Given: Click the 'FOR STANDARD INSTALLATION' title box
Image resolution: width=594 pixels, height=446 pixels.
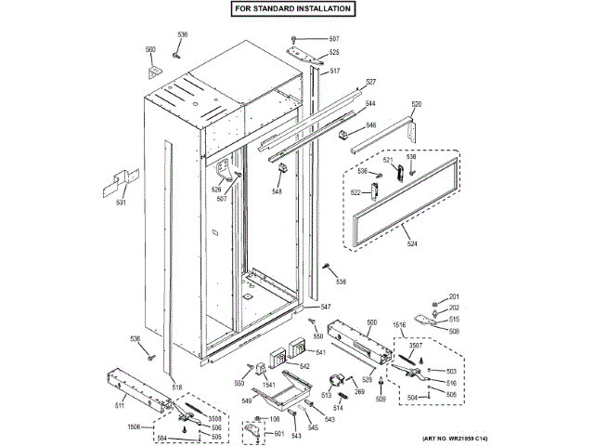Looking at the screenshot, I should tap(292, 8).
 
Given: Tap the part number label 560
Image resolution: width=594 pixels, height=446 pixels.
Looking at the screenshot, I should tap(150, 49).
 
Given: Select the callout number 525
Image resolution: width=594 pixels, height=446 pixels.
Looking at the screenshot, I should tap(333, 53).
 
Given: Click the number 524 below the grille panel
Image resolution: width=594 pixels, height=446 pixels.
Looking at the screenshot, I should tap(411, 244).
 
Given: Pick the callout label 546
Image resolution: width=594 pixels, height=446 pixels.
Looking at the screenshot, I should tap(369, 125).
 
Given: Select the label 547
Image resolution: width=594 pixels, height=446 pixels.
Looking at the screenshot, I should tap(326, 307).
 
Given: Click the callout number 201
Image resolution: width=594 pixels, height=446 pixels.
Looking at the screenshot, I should tap(454, 296).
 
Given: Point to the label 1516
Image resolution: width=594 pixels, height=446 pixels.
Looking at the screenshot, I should tap(400, 325).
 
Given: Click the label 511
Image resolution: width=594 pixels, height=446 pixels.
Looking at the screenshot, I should tap(120, 406).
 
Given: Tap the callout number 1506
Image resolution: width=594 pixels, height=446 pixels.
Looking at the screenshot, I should tap(135, 426).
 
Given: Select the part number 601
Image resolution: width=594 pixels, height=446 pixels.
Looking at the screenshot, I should tap(278, 434).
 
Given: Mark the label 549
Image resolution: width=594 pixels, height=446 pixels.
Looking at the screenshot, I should tap(246, 401).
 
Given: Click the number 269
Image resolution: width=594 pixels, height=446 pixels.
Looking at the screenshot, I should tap(358, 393).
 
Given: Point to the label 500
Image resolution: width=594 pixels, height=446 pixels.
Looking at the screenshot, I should tap(372, 321).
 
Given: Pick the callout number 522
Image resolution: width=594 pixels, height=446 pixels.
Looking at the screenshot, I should tap(355, 192).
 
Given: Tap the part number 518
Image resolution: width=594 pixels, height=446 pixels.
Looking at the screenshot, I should tap(177, 387).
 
